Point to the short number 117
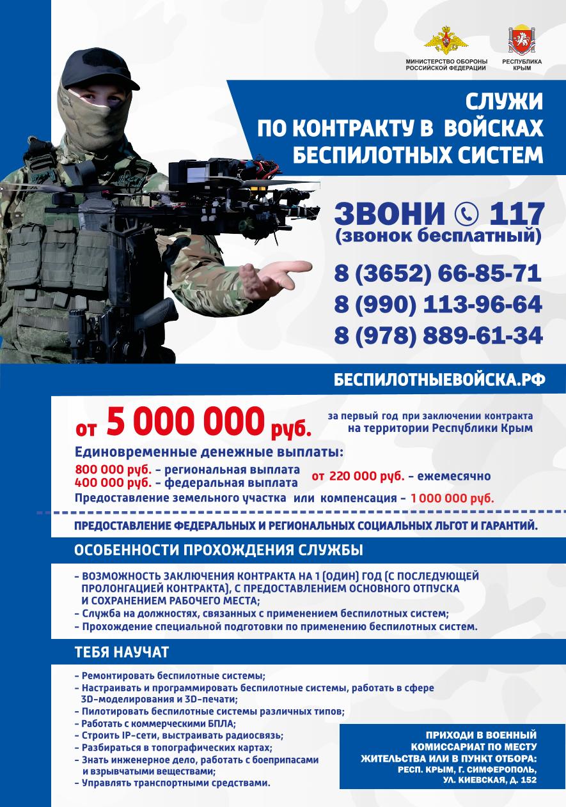[515, 212]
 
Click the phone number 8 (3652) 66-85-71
[437, 273]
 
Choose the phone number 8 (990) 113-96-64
[437, 304]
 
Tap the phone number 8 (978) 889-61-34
[437, 335]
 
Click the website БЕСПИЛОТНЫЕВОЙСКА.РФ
[439, 379]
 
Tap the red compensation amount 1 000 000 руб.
[452, 498]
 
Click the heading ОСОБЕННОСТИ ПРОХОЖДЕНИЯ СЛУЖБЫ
[219, 550]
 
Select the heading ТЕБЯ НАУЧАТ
[122, 652]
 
